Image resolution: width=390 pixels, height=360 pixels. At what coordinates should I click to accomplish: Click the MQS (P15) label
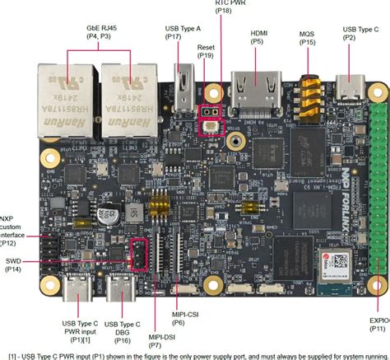[308, 35]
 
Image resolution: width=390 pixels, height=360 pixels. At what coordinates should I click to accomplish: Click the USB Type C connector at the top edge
[357, 86]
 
